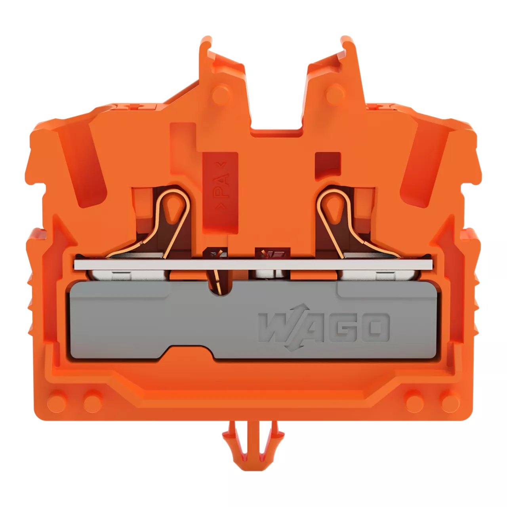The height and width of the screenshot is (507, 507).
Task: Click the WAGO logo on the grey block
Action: pyautogui.click(x=323, y=328)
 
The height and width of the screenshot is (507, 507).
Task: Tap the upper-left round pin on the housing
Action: pyautogui.click(x=221, y=94)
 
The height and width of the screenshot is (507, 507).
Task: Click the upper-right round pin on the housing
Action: pyautogui.click(x=335, y=94)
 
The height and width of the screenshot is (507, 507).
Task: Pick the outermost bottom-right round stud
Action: pyautogui.click(x=451, y=404)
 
